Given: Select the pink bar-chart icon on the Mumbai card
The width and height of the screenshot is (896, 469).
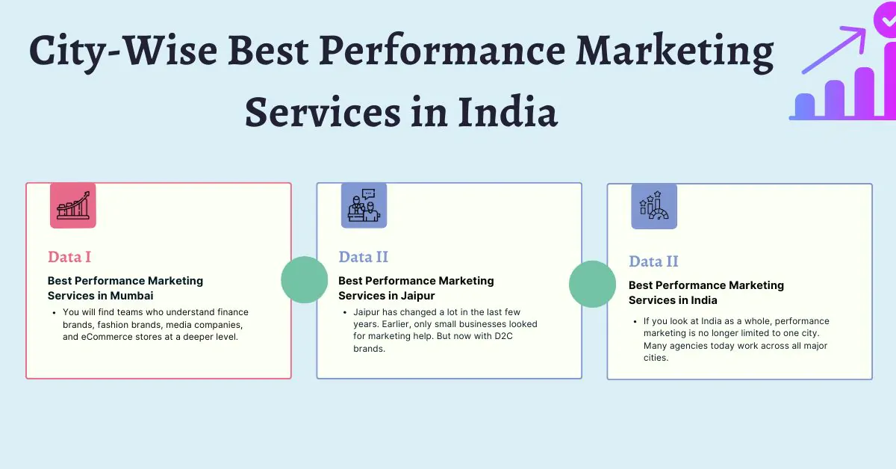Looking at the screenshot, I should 73,205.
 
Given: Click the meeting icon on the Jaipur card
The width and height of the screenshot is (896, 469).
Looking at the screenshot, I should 364,205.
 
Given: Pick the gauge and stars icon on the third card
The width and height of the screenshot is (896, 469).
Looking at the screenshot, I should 654,206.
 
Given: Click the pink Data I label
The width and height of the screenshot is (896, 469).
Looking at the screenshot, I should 69,257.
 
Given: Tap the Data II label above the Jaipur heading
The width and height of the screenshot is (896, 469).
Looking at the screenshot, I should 363,257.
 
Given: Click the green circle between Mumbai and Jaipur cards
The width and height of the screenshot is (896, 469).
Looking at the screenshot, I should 304,279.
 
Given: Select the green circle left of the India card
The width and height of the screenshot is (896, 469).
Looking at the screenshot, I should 592,284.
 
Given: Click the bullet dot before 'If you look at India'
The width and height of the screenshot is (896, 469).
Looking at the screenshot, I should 634,322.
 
